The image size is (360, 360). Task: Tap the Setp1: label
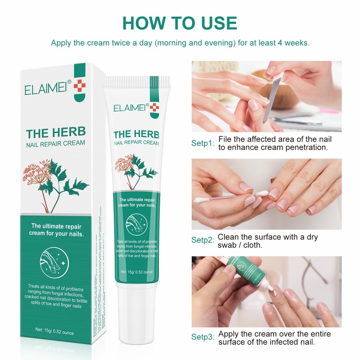203,143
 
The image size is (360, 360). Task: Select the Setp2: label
203,240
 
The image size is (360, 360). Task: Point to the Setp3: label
203,337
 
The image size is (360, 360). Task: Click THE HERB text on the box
56,134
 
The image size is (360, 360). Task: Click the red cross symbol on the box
79,86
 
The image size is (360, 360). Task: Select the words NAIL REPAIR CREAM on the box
56,144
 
